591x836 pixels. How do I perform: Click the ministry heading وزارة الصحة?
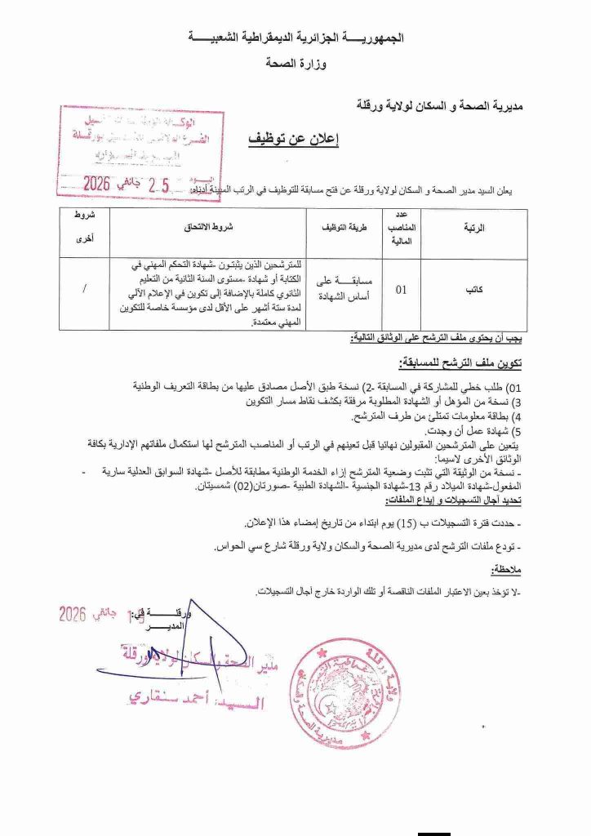[x=294, y=62]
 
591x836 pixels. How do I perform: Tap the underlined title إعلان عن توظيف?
[x=293, y=138]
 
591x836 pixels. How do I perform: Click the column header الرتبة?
[x=474, y=229]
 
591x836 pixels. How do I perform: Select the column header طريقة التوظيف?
[x=337, y=229]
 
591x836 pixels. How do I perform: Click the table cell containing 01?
[x=402, y=288]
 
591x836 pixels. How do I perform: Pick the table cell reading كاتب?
[x=474, y=289]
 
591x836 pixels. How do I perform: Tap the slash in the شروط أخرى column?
[x=86, y=289]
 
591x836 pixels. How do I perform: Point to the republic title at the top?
[x=295, y=38]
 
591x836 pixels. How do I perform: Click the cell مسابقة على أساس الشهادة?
[x=337, y=288]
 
